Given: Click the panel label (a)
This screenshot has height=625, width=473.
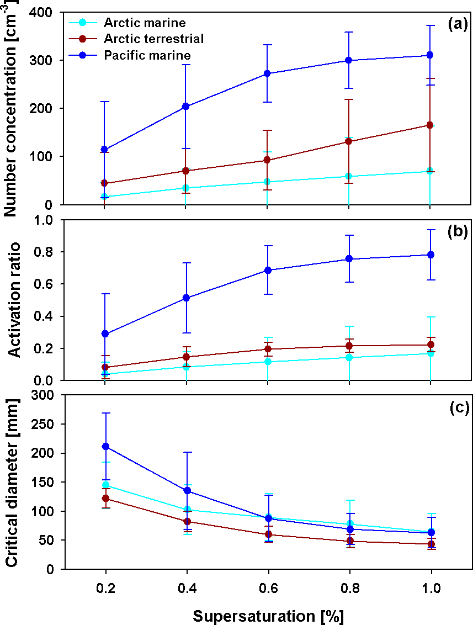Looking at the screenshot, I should click(458, 23).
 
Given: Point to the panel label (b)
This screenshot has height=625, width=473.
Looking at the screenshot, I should click(458, 231).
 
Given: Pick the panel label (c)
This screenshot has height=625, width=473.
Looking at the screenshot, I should click(458, 408).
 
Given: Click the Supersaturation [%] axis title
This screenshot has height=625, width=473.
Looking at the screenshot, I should click(268, 615).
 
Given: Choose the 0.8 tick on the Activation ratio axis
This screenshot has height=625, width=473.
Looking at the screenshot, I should click(49, 252).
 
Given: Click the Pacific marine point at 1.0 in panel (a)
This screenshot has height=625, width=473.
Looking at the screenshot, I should click(430, 55).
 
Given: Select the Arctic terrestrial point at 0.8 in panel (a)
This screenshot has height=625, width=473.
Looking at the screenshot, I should click(349, 141).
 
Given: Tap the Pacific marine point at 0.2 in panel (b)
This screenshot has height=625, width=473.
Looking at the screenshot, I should click(105, 333).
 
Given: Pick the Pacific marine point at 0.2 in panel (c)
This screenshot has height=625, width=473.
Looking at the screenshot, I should click(105, 446).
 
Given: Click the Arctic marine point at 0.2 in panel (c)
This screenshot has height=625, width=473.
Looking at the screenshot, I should click(105, 485).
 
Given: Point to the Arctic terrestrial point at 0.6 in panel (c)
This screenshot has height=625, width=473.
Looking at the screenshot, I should click(268, 534).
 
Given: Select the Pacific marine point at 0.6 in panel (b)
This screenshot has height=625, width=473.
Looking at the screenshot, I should click(268, 270).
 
